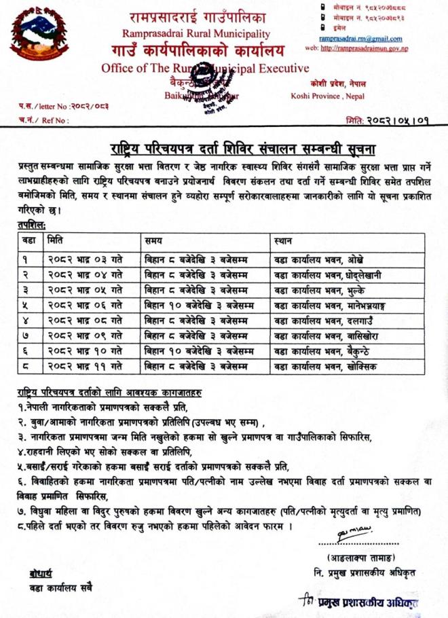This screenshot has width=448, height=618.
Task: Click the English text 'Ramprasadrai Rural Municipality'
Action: click(x=196, y=33)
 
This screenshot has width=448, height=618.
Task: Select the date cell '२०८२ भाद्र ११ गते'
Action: click(x=86, y=366)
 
